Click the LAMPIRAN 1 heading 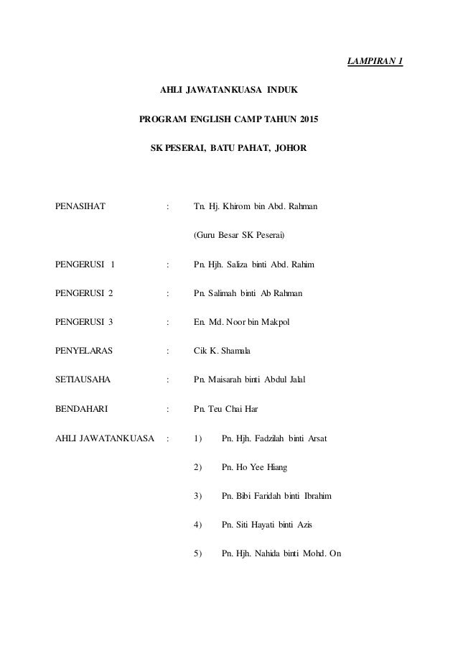click(375, 60)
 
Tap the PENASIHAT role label click(80, 207)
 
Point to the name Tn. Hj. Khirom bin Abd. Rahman click(256, 207)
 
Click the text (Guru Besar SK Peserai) click(239, 236)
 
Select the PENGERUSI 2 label click(85, 293)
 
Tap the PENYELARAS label click(83, 351)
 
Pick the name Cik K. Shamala click(223, 351)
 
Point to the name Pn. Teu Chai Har click(226, 408)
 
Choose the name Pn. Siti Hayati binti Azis click(268, 525)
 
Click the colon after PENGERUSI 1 click(167, 264)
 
